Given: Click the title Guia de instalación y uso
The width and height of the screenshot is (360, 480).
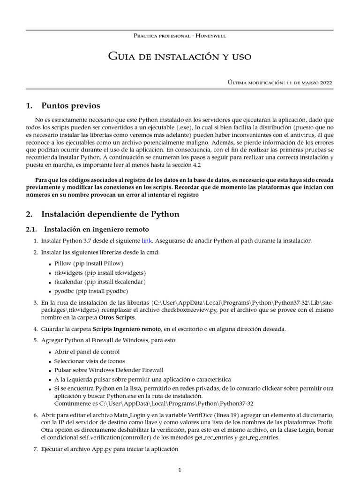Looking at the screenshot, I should [180, 57].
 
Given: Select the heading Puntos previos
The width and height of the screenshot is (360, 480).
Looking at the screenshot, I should [70, 105].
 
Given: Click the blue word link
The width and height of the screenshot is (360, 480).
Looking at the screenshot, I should [147, 240].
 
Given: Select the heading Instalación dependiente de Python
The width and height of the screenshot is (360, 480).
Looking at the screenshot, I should [110, 214].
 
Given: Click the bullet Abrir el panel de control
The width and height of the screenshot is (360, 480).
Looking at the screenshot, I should [87, 352].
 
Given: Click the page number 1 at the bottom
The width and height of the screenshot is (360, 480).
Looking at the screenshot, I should [180, 471].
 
